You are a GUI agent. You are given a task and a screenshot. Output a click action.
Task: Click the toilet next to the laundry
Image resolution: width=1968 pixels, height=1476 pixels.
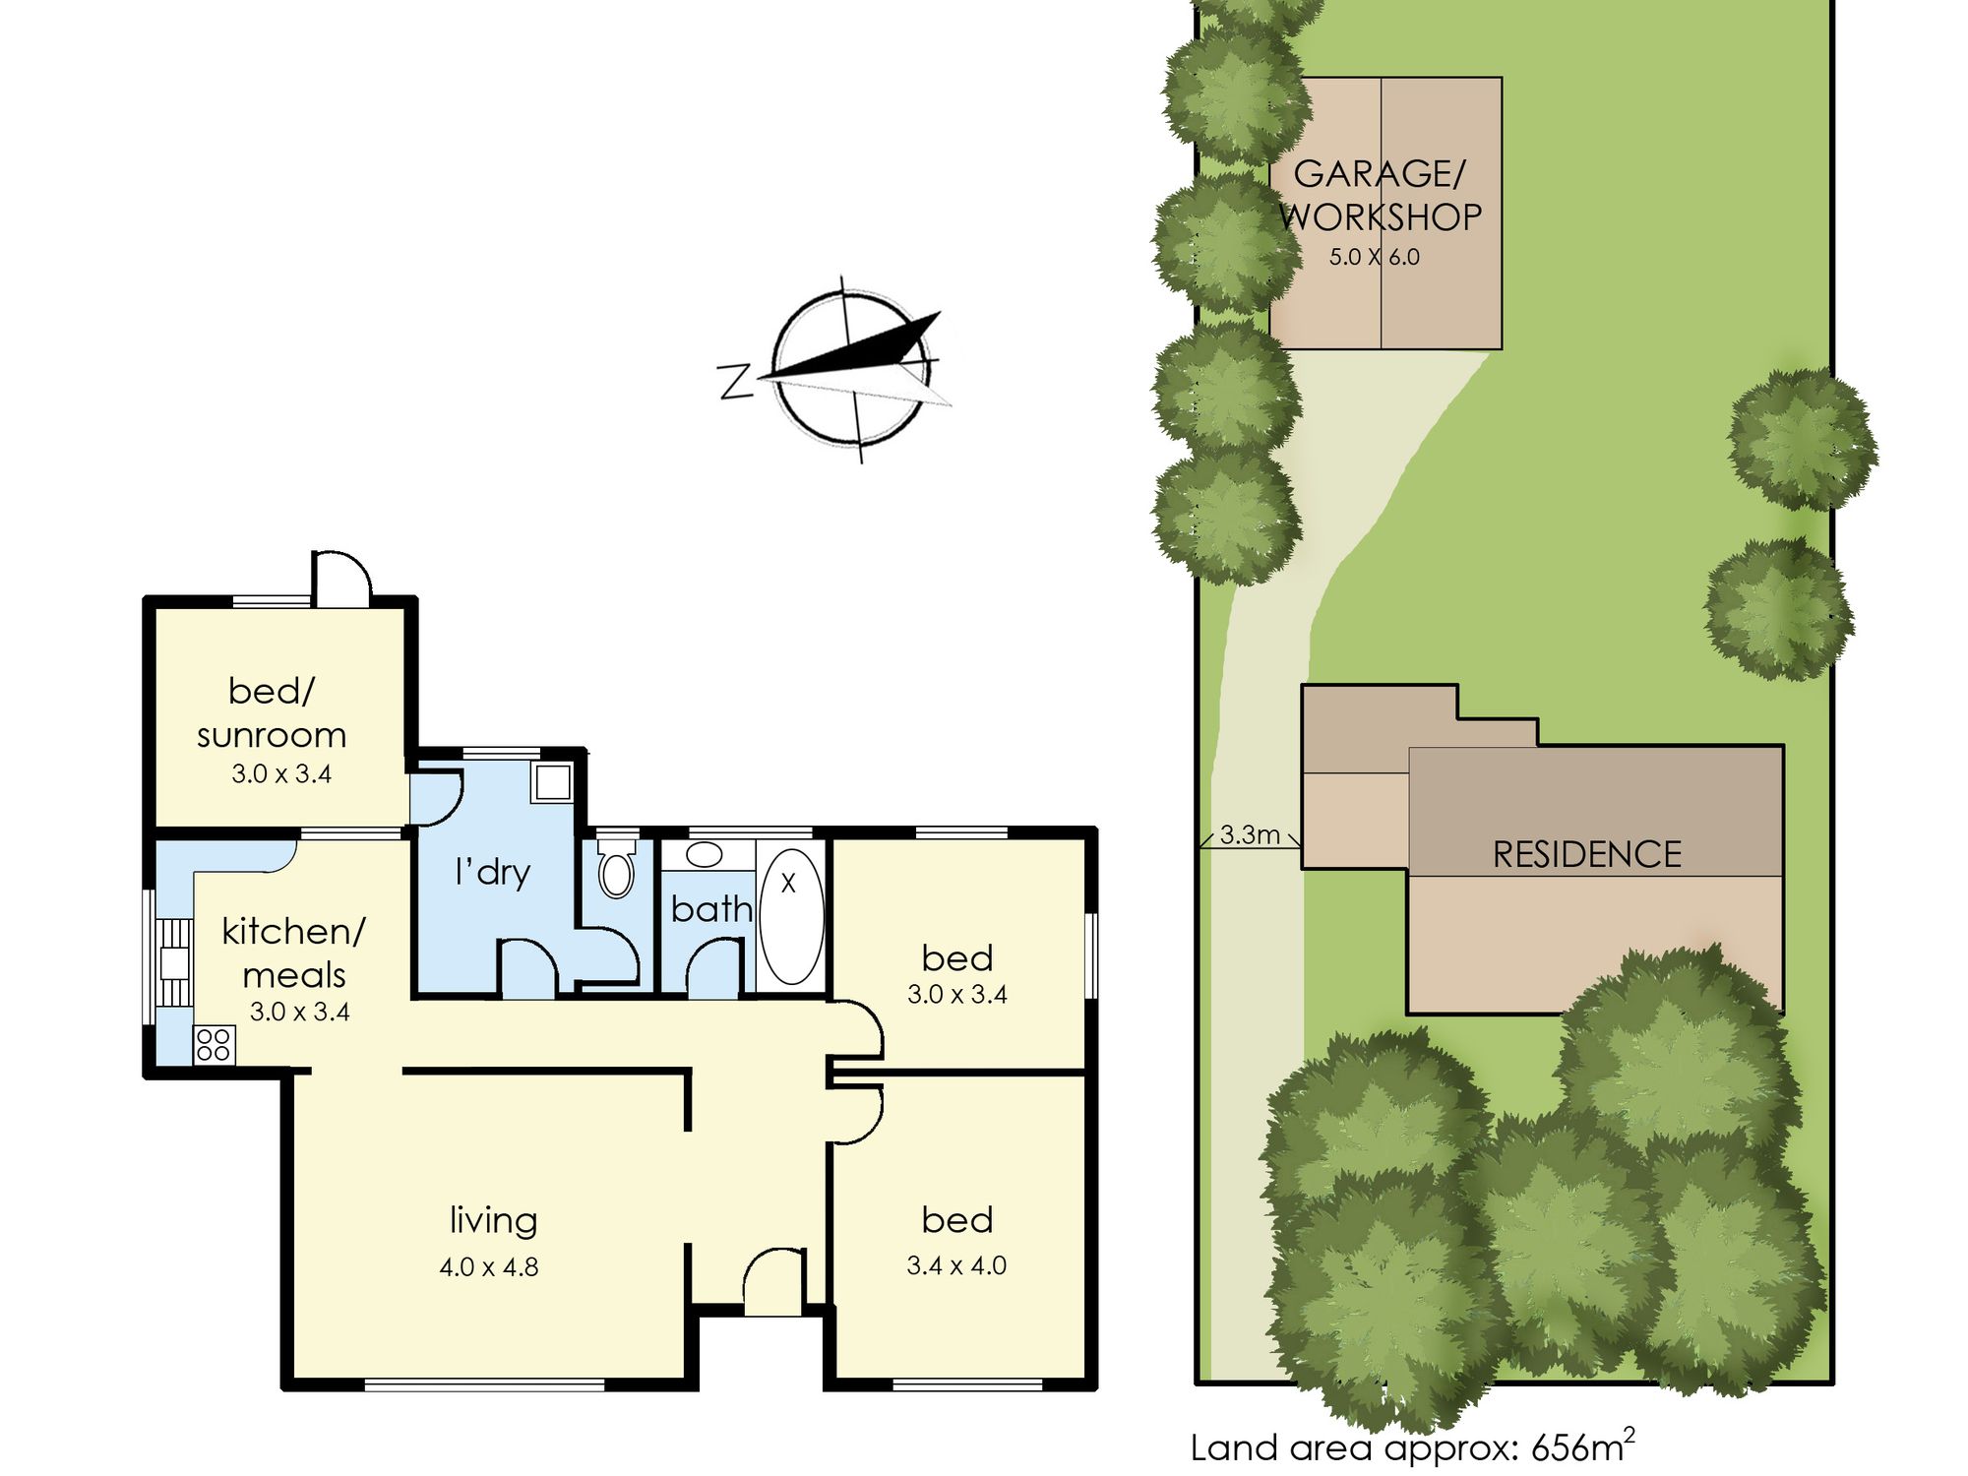coord(617,867)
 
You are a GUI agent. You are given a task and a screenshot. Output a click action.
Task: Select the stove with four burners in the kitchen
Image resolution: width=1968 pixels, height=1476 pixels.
coord(215,1045)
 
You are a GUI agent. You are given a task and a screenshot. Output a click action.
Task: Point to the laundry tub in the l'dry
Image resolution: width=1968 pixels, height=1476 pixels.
coord(553,782)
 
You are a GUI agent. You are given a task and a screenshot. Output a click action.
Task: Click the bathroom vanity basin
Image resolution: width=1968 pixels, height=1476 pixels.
coord(705,854)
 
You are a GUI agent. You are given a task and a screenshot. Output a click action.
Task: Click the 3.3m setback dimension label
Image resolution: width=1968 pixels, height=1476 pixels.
coord(1250,835)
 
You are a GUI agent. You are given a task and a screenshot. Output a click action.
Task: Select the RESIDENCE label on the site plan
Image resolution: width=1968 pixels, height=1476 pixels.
coord(1587,854)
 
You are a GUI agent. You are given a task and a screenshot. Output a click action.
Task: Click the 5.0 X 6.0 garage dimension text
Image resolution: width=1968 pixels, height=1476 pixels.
coord(1375,257)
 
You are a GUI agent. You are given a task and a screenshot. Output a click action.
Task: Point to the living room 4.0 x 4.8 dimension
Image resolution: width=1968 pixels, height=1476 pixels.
coord(489,1267)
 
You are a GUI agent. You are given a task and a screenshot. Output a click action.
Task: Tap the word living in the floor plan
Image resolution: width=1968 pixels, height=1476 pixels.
coord(494,1221)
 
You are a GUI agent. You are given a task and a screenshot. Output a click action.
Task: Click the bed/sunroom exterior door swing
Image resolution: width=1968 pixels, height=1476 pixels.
coord(341,577)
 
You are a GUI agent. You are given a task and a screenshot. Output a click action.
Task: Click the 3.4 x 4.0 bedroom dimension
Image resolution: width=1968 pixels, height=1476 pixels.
coord(956,1265)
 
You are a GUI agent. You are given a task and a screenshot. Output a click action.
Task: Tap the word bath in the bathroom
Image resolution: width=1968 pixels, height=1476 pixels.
coord(711,908)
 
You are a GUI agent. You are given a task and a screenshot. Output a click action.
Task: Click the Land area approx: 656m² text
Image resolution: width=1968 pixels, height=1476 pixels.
coord(1413,1445)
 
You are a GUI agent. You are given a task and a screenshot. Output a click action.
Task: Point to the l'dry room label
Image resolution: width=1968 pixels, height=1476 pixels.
coord(492,873)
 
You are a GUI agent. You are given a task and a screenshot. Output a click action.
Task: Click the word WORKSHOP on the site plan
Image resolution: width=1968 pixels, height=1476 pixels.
coord(1381,217)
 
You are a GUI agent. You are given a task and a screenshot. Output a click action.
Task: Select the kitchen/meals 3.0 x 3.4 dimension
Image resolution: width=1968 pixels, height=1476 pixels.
coord(300,1012)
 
